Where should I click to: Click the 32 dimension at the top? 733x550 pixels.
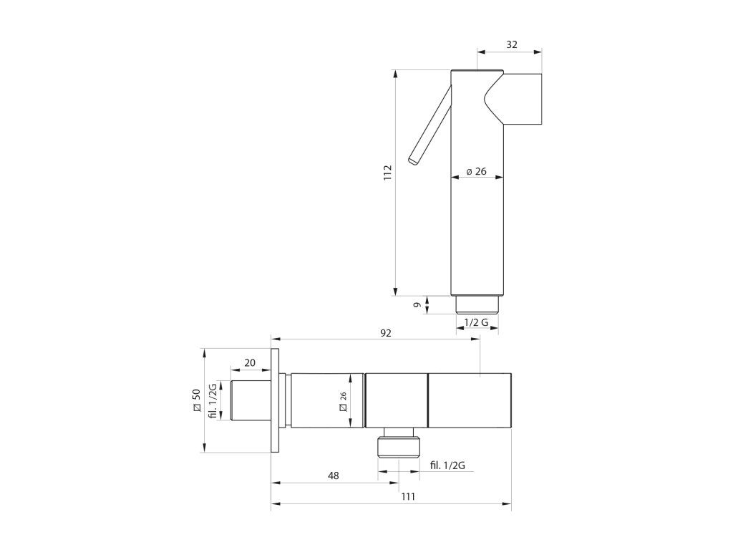[512, 44]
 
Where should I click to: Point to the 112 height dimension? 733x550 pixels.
[387, 173]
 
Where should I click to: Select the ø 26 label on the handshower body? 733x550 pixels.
[476, 171]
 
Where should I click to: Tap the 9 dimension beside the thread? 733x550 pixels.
[417, 305]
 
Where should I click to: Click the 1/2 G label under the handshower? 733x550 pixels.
[476, 322]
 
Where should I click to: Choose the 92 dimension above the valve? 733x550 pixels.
[386, 333]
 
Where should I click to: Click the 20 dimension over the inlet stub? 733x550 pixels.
[250, 362]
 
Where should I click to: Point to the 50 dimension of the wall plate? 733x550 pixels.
[196, 400]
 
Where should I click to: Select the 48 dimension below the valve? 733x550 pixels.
[334, 476]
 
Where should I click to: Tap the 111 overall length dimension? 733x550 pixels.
[408, 497]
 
